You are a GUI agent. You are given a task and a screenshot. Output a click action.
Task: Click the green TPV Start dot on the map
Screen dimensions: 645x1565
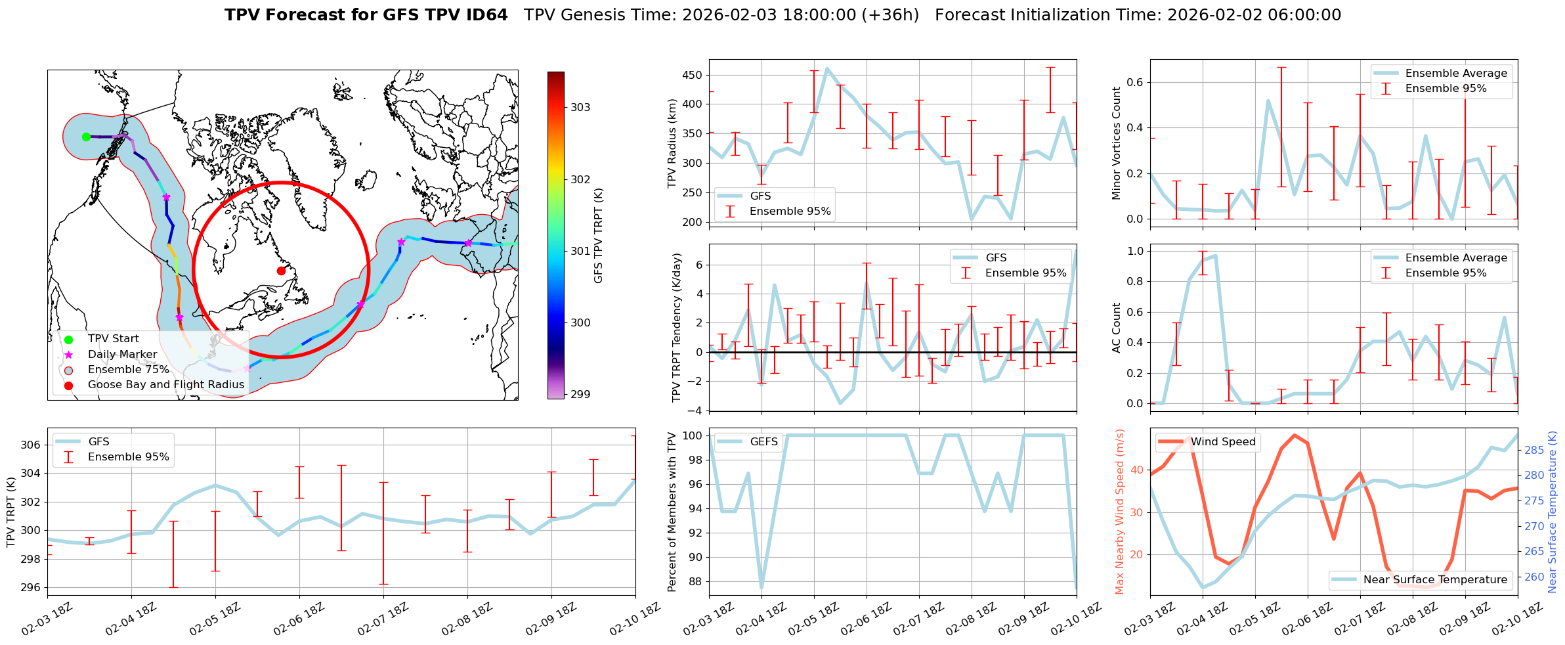(x=86, y=137)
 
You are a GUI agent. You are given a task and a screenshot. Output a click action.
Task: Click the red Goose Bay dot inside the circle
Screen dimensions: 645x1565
(x=281, y=271)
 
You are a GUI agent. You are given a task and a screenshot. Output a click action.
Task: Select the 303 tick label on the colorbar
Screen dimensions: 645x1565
(x=580, y=108)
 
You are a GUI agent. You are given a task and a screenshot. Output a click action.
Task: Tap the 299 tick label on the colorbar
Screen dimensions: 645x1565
(x=580, y=395)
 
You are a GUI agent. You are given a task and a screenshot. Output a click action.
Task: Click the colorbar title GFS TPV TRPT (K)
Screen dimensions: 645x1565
(x=598, y=236)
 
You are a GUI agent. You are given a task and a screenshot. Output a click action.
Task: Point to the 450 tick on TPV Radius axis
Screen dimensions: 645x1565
(x=693, y=75)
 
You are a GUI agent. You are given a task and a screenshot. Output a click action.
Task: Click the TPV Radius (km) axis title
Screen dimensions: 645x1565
(x=672, y=143)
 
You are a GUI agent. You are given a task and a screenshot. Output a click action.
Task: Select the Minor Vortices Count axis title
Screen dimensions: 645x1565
(x=1117, y=143)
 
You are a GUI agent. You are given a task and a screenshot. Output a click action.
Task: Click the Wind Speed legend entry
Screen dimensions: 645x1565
(x=1223, y=442)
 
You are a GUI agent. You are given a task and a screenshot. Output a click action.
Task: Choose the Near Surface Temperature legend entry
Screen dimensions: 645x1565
(x=1435, y=579)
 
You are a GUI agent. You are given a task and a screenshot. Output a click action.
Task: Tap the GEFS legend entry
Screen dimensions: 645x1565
(x=763, y=442)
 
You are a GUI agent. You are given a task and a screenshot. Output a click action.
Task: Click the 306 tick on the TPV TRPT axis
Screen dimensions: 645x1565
(x=31, y=445)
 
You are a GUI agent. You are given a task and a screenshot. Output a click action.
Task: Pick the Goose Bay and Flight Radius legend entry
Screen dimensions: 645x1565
(x=165, y=385)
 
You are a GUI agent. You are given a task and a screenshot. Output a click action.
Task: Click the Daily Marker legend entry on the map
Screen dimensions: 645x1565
(x=122, y=355)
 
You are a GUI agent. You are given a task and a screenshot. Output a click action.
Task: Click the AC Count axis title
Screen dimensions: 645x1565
(x=1117, y=328)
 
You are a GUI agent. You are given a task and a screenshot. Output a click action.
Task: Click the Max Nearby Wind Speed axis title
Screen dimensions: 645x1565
(x=1120, y=512)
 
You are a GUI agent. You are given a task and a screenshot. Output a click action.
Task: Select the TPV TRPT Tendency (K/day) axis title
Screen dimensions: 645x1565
(x=677, y=328)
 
